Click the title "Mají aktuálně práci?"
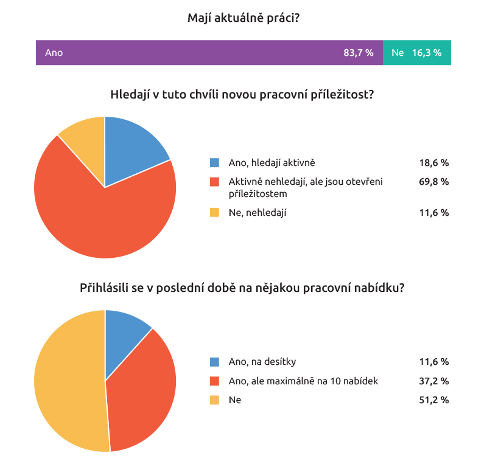(243, 18)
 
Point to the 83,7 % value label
(358, 53)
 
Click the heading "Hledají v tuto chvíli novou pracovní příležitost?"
(242, 95)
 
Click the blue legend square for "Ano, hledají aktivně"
(214, 163)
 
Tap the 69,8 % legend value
(433, 181)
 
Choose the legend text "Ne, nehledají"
(258, 213)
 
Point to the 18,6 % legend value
(433, 163)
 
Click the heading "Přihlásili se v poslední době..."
(242, 288)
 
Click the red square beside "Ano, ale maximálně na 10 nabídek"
(214, 381)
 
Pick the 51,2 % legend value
(433, 400)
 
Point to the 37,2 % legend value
(433, 381)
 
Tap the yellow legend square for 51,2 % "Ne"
(214, 400)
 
